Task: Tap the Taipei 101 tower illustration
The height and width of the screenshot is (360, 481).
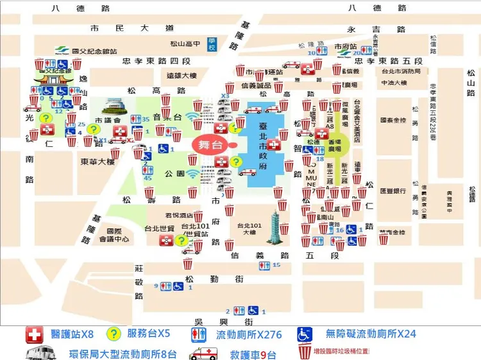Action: click(280, 222)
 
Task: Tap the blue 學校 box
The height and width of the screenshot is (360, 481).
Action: click(213, 44)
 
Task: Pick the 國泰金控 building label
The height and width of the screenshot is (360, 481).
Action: click(392, 119)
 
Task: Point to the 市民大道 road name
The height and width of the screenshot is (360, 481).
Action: click(132, 28)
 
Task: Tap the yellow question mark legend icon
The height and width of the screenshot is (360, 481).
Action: click(114, 334)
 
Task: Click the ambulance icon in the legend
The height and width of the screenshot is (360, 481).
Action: click(203, 352)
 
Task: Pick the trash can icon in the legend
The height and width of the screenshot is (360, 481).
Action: click(302, 352)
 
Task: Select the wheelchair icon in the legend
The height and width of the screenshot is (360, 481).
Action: click(305, 334)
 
